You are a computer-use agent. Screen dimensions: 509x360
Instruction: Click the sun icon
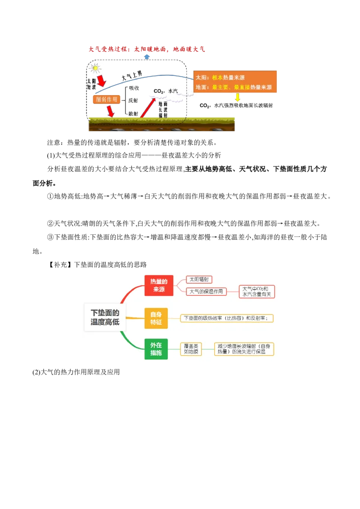pos(95,68)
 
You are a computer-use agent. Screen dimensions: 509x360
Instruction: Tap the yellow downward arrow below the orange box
pos(237,98)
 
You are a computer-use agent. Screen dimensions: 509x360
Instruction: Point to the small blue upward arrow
pos(147,57)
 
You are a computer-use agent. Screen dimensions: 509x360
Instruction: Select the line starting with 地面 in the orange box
pos(234,87)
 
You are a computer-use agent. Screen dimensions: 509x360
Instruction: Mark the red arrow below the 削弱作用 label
pos(109,111)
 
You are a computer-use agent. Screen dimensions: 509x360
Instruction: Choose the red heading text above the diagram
pos(146,48)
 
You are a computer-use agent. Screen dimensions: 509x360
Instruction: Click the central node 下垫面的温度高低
pos(105,317)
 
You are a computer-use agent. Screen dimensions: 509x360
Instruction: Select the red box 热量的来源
pos(159,286)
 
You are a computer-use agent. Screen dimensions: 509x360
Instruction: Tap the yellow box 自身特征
pos(156,318)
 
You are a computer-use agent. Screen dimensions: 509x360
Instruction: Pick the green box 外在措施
pos(156,349)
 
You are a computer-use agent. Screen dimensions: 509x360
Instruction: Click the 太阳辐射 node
pos(199,280)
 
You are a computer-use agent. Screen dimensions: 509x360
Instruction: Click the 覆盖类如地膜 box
pos(191,349)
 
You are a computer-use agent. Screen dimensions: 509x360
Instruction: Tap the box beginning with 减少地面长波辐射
pos(244,349)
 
